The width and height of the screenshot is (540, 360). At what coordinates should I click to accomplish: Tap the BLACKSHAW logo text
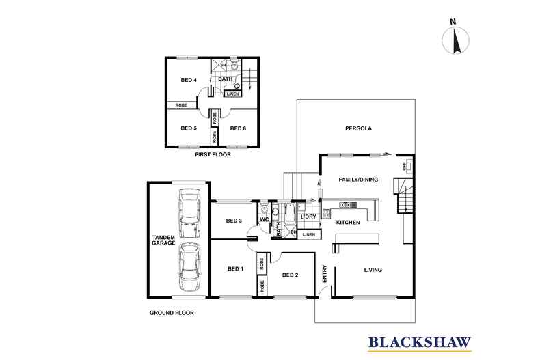coord(420,342)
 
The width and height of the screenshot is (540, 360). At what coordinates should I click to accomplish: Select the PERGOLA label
coord(358,128)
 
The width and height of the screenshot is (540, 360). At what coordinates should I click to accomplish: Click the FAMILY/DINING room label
coord(358,180)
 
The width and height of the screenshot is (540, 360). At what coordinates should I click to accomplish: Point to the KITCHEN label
coord(348,223)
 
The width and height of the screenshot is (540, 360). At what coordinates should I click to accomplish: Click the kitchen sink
coord(348,205)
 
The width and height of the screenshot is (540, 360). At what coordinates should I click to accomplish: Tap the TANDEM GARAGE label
coord(163,240)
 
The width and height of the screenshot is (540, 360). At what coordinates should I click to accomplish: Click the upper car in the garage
coord(189,213)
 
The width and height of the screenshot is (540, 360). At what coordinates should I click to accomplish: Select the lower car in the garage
coord(189,267)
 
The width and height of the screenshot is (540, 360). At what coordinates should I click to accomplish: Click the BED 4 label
coord(189,80)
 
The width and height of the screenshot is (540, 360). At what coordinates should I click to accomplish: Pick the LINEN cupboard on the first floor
coord(233,94)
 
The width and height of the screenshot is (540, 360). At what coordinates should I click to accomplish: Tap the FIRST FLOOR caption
coord(213,155)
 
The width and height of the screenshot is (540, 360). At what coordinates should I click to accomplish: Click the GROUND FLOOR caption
coord(172,313)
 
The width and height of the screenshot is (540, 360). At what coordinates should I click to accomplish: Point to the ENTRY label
coord(325,274)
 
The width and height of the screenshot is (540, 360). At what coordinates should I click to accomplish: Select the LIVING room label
coord(373,270)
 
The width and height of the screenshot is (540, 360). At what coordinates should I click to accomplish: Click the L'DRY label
coord(308,217)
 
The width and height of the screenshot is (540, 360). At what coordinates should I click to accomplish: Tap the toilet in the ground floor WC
coord(264,208)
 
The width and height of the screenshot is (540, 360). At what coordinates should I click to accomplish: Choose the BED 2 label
coord(290,275)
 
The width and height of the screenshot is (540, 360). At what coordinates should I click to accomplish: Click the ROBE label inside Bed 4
coord(181,105)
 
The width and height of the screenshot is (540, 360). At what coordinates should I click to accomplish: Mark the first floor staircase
coord(249,79)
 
